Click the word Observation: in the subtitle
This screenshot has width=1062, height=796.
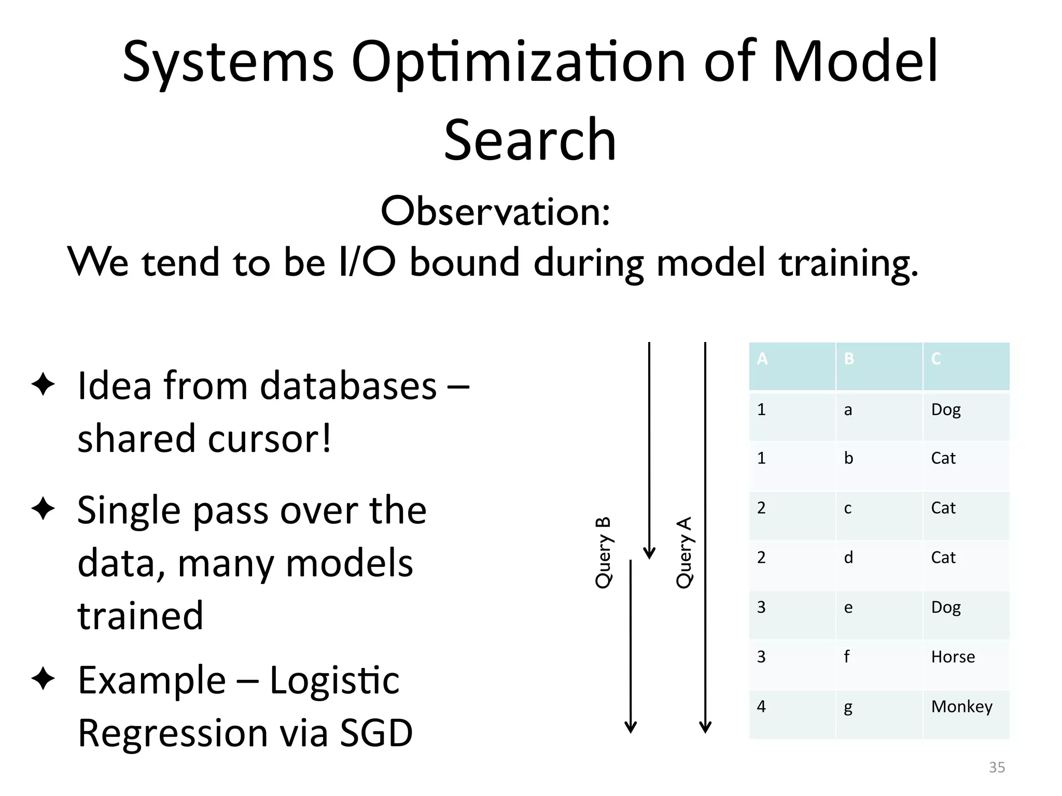tap(495, 212)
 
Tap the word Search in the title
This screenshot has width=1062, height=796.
tap(530, 140)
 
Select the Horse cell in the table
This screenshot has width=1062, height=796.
tap(953, 657)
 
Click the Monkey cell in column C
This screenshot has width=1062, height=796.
tap(961, 707)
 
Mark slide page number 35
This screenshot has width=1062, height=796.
tap(997, 767)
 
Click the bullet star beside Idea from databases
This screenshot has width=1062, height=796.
tap(43, 385)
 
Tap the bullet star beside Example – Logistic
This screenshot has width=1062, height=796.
tap(43, 678)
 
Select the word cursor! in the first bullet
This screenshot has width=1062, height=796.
tap(269, 439)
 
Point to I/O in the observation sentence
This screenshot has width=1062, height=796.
tap(367, 262)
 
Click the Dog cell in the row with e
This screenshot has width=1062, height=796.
tap(946, 607)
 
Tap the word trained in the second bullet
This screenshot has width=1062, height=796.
tap(141, 616)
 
